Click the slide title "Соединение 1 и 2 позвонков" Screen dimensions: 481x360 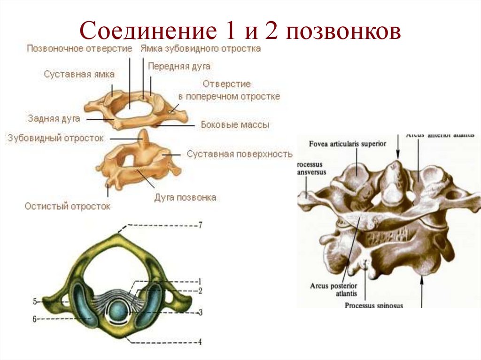[x=240, y=31]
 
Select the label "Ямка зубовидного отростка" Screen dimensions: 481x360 [x=200, y=48]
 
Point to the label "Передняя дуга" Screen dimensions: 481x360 [x=179, y=66]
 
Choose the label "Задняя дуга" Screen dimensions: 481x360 [x=53, y=119]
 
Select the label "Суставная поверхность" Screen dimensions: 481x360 [x=239, y=154]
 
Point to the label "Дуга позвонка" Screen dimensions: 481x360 [x=185, y=198]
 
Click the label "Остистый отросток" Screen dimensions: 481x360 [x=67, y=206]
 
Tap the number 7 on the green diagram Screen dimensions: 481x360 [x=200, y=226]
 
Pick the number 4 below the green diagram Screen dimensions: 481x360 [x=200, y=342]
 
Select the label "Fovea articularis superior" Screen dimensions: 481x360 [x=348, y=144]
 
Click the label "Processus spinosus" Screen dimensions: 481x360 [x=373, y=305]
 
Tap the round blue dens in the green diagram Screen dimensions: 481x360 [x=118, y=311]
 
